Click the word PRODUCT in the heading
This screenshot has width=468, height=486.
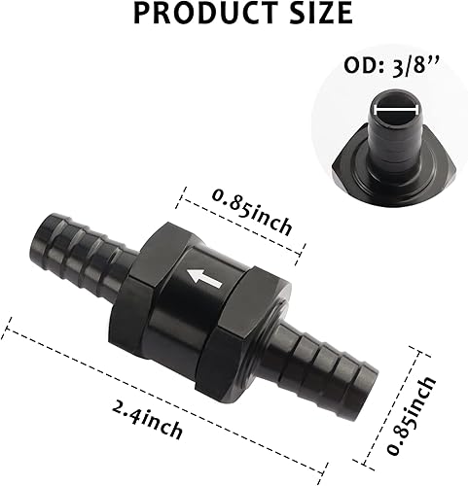tap(190, 15)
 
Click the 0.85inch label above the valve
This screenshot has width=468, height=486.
tap(251, 213)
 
